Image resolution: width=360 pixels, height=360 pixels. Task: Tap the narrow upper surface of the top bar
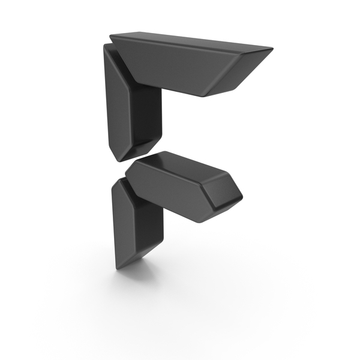pos(191,41)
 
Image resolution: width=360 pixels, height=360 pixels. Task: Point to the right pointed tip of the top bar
pos(272,49)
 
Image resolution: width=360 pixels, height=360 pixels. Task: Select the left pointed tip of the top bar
pos(110,36)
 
